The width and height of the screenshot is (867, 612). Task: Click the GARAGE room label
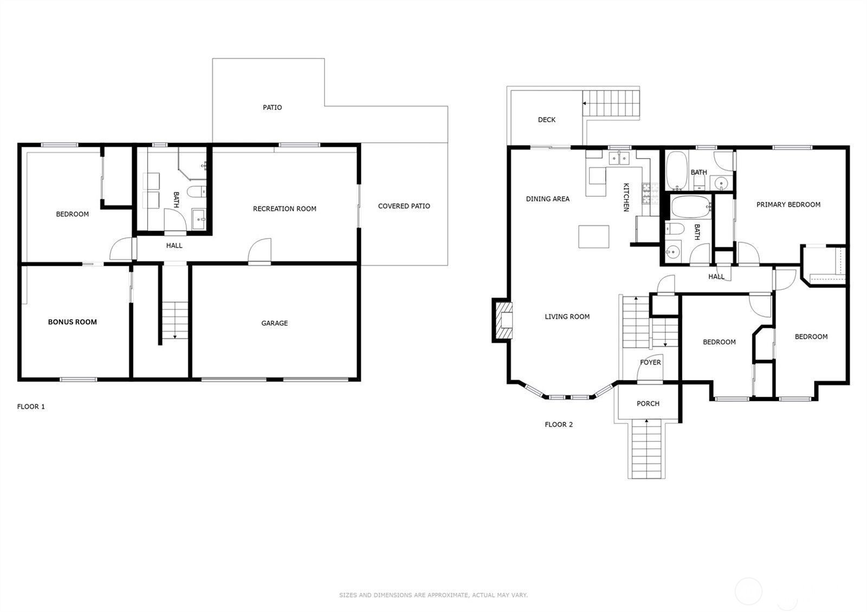[274, 323]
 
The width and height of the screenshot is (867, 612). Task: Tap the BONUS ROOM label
[73, 322]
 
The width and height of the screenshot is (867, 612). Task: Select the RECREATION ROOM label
[284, 209]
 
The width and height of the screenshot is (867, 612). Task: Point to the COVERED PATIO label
[404, 206]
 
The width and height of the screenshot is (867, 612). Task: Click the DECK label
[547, 120]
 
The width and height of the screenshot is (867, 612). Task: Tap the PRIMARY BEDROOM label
[788, 205]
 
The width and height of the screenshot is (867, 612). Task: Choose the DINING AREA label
[548, 199]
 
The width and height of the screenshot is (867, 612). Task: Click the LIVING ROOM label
[567, 316]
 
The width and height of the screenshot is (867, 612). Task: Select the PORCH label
[648, 403]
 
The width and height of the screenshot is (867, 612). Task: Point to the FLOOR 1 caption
[31, 407]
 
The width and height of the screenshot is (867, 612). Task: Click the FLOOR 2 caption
[559, 425]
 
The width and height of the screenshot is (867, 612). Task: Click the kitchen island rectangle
[594, 236]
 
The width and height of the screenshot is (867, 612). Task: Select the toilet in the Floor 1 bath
[196, 192]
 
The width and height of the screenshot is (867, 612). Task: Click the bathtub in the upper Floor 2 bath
[677, 170]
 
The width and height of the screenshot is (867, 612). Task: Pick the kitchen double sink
[619, 158]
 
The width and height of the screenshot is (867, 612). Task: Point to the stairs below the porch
[646, 449]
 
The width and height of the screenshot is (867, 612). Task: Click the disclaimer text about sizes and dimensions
[433, 595]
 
